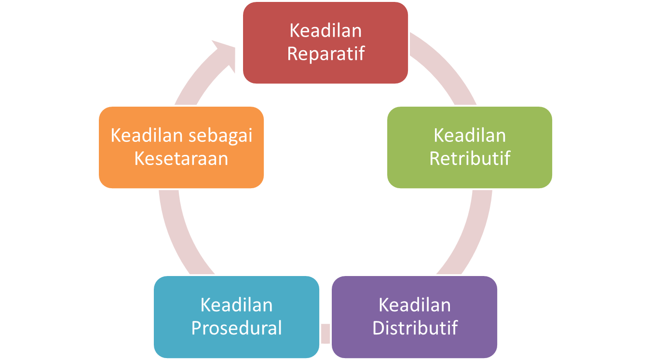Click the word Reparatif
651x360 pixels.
pyautogui.click(x=325, y=54)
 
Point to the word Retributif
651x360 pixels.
pyautogui.click(x=470, y=158)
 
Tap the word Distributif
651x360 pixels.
pyautogui.click(x=415, y=328)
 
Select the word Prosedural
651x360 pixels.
pyautogui.click(x=236, y=328)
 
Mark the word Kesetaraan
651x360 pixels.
pyautogui.click(x=181, y=158)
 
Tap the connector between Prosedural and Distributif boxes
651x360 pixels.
pyautogui.click(x=325, y=333)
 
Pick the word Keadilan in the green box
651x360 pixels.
pyautogui.click(x=470, y=135)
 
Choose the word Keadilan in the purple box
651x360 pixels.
pyautogui.click(x=415, y=305)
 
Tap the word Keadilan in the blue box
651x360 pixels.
pyautogui.click(x=236, y=305)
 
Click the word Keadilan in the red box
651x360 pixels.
pyautogui.click(x=325, y=30)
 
